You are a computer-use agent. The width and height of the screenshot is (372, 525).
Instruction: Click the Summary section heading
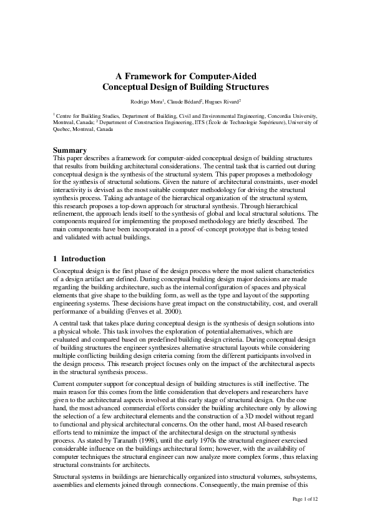click(69, 150)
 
